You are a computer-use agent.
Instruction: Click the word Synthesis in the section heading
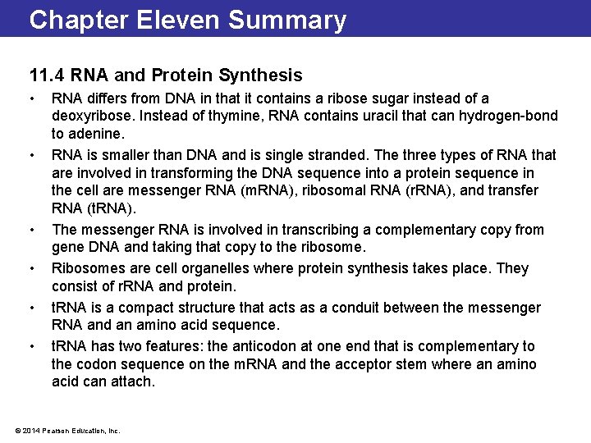click(x=261, y=76)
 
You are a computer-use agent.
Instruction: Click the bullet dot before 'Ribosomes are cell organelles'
click(x=32, y=268)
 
